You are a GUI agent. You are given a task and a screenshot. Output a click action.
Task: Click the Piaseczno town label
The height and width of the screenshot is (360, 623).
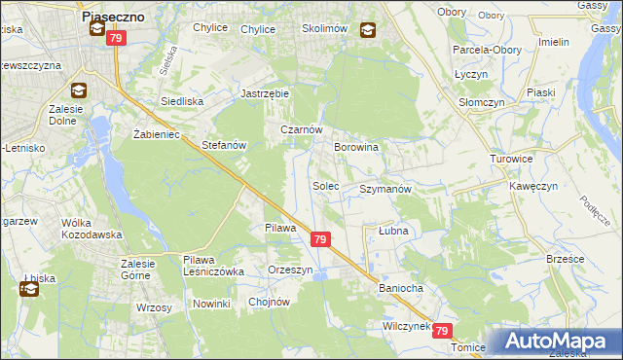tap(114, 17)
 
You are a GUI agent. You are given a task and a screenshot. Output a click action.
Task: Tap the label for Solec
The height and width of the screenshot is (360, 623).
tap(325, 185)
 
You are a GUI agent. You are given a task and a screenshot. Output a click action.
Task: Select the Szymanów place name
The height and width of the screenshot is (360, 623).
tap(386, 189)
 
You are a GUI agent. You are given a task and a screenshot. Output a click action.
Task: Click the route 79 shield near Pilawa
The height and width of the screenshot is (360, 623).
tap(320, 239)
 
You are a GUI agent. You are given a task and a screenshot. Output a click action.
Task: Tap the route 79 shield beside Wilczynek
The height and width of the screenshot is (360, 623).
tap(444, 332)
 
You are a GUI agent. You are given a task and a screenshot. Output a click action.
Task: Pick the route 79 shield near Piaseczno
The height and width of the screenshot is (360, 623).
tap(116, 38)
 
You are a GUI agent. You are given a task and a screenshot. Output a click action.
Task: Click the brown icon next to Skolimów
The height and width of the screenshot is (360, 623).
tap(368, 30)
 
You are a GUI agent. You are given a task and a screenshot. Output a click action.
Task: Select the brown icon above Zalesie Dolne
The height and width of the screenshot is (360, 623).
tap(79, 91)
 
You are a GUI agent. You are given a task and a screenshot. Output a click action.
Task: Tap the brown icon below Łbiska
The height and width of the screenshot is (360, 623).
tap(28, 289)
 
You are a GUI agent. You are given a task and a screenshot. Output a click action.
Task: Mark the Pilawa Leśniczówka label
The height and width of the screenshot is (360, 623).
tap(213, 266)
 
